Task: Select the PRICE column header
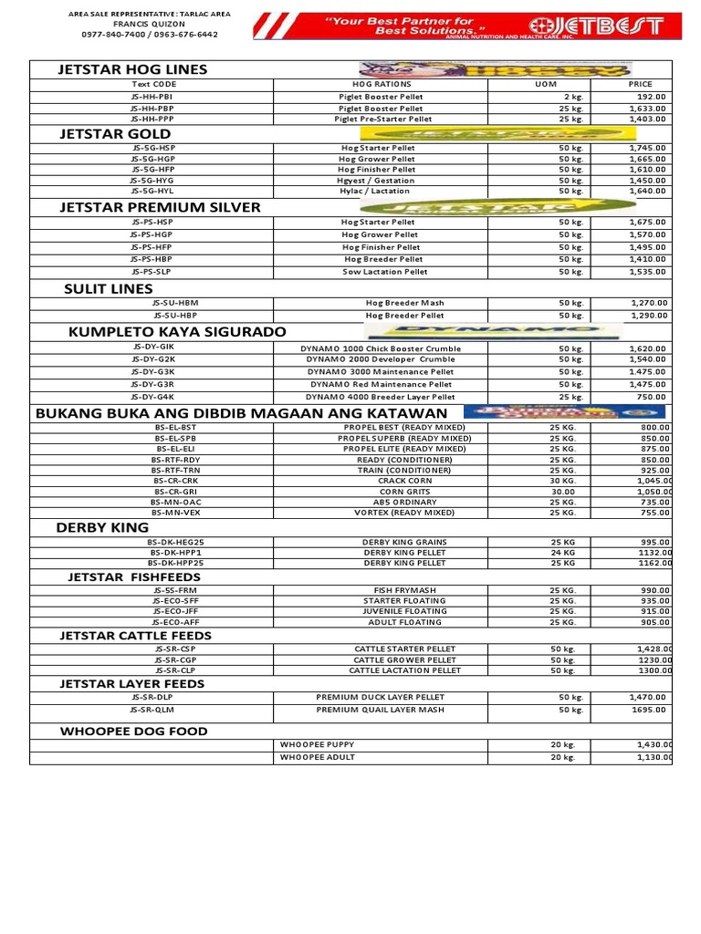[x=641, y=84]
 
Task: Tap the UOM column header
[x=545, y=84]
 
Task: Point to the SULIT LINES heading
[x=108, y=289]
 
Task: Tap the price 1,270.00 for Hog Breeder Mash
[x=648, y=303]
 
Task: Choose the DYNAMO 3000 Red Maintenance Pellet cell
[x=381, y=385]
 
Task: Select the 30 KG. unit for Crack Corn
[x=562, y=480]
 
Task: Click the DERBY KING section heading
[x=102, y=527]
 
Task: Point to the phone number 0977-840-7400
[x=111, y=35]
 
